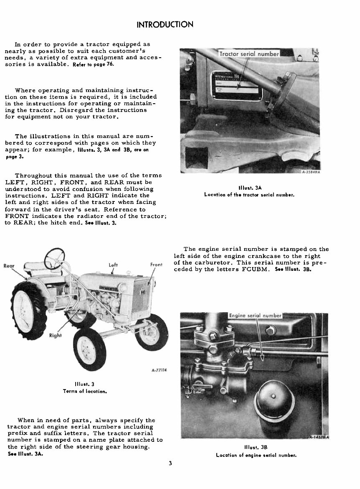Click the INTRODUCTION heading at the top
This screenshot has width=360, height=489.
point(165,25)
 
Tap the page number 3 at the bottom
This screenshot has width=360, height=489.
point(171,463)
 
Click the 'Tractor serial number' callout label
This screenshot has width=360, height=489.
point(249,54)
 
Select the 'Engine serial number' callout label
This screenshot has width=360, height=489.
point(256,316)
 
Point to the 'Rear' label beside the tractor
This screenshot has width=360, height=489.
point(10,266)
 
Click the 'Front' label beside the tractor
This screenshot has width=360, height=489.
point(156,265)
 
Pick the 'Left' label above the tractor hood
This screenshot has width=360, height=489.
point(113,265)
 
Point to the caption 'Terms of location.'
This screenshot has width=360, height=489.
point(85,391)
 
